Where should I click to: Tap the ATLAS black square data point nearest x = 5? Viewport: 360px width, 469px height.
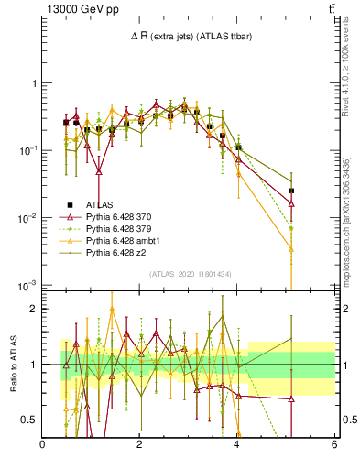click(x=291, y=191)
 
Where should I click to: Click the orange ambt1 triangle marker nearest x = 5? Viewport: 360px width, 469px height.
click(x=291, y=249)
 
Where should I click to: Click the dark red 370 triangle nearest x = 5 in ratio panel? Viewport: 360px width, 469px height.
click(x=291, y=398)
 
